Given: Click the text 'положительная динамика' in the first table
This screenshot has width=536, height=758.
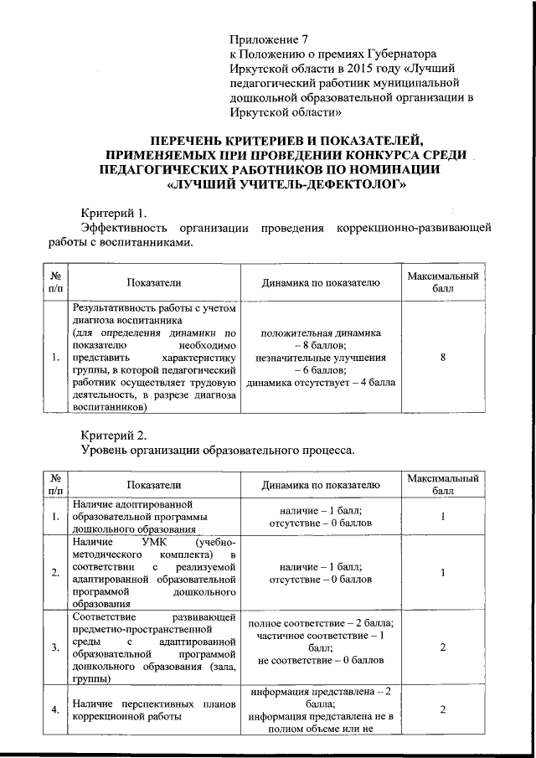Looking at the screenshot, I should tap(321, 333).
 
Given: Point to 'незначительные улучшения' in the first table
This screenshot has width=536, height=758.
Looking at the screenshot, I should tap(321, 358).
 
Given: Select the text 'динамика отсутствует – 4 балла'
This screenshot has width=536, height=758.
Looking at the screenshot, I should tap(321, 383).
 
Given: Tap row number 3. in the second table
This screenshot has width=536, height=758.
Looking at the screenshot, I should tap(54, 647).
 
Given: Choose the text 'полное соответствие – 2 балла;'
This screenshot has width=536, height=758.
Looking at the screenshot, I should tap(321, 624).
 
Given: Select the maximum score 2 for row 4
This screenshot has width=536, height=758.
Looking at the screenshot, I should tap(442, 710).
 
